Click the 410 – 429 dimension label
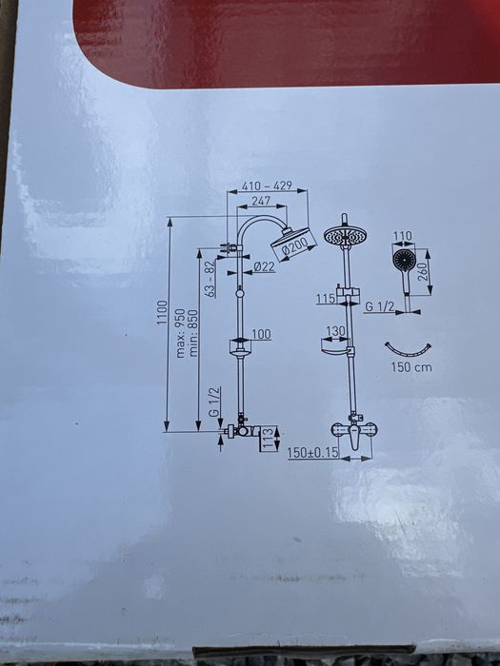coord(267,186)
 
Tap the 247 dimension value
coord(261,201)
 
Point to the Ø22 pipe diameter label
coord(264,266)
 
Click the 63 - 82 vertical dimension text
coord(210,278)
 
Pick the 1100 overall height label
coord(163,313)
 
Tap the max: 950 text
coord(181,333)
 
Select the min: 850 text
coord(193,333)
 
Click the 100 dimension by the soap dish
coord(261,334)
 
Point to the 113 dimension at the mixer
coord(268,438)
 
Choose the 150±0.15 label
coord(313,453)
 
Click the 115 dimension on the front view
coord(326,299)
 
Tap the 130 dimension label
coord(336,331)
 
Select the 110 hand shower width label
coord(403,236)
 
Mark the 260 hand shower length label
coord(422,271)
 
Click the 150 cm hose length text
coord(411,367)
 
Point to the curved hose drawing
coord(408,352)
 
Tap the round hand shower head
coord(403,259)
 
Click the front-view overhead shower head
coord(346,235)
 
